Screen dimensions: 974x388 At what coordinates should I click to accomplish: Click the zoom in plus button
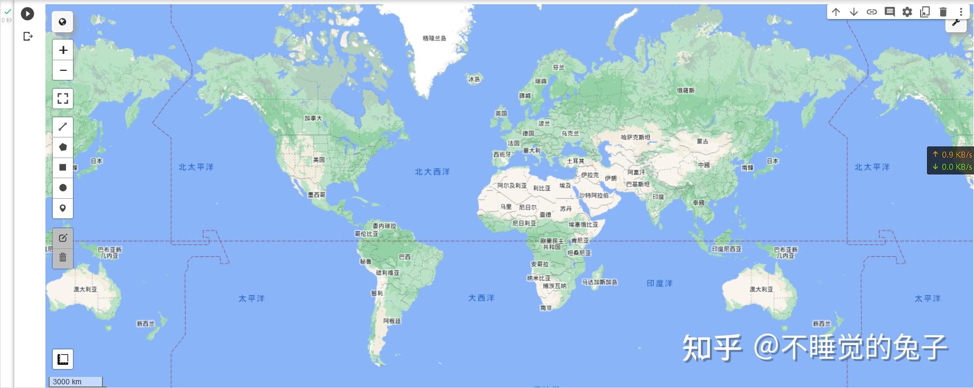tap(63, 50)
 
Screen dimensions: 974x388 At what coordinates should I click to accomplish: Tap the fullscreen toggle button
tap(63, 98)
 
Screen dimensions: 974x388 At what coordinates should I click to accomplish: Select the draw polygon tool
tap(63, 147)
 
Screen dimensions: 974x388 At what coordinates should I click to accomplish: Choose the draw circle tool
tap(63, 188)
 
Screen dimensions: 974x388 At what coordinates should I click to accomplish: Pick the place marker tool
tap(63, 208)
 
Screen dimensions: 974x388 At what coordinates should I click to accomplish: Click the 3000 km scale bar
tap(76, 382)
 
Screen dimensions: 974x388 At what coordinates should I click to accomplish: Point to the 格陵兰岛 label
tap(434, 38)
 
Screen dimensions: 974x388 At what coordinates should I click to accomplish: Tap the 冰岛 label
tap(474, 79)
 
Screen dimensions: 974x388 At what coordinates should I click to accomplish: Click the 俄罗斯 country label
tap(686, 90)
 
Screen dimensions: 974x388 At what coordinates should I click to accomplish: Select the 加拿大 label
tap(313, 118)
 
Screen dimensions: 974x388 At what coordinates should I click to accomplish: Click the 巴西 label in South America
tap(405, 257)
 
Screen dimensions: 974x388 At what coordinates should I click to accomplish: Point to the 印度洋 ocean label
tap(659, 283)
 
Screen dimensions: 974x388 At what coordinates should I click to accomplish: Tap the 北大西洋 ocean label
tap(432, 172)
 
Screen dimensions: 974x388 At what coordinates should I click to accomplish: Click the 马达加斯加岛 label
tap(600, 282)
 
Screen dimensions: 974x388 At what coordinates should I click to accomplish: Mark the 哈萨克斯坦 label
tap(635, 137)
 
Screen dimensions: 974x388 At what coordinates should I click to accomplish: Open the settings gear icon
tap(907, 12)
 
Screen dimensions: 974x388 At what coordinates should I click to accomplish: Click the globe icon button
tap(62, 22)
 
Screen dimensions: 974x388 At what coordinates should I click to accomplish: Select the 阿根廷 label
tap(392, 321)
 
